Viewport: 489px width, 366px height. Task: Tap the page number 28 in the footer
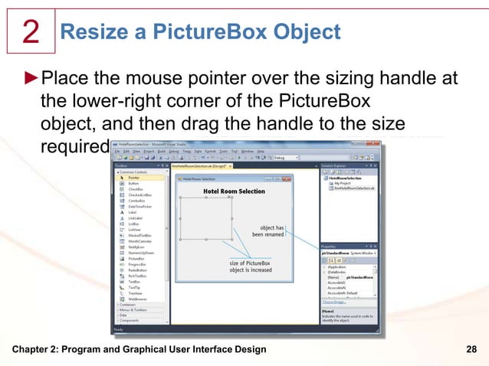pyautogui.click(x=471, y=350)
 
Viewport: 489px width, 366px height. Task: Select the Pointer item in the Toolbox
pyautogui.click(x=134, y=178)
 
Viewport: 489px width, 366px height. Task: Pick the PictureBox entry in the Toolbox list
pyautogui.click(x=137, y=259)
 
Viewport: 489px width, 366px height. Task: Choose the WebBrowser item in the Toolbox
pyautogui.click(x=138, y=299)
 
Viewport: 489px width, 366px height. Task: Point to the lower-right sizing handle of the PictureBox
pyautogui.click(x=232, y=240)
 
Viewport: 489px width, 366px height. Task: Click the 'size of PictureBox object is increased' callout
pyautogui.click(x=250, y=267)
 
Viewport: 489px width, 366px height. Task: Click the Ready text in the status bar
pyautogui.click(x=120, y=329)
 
